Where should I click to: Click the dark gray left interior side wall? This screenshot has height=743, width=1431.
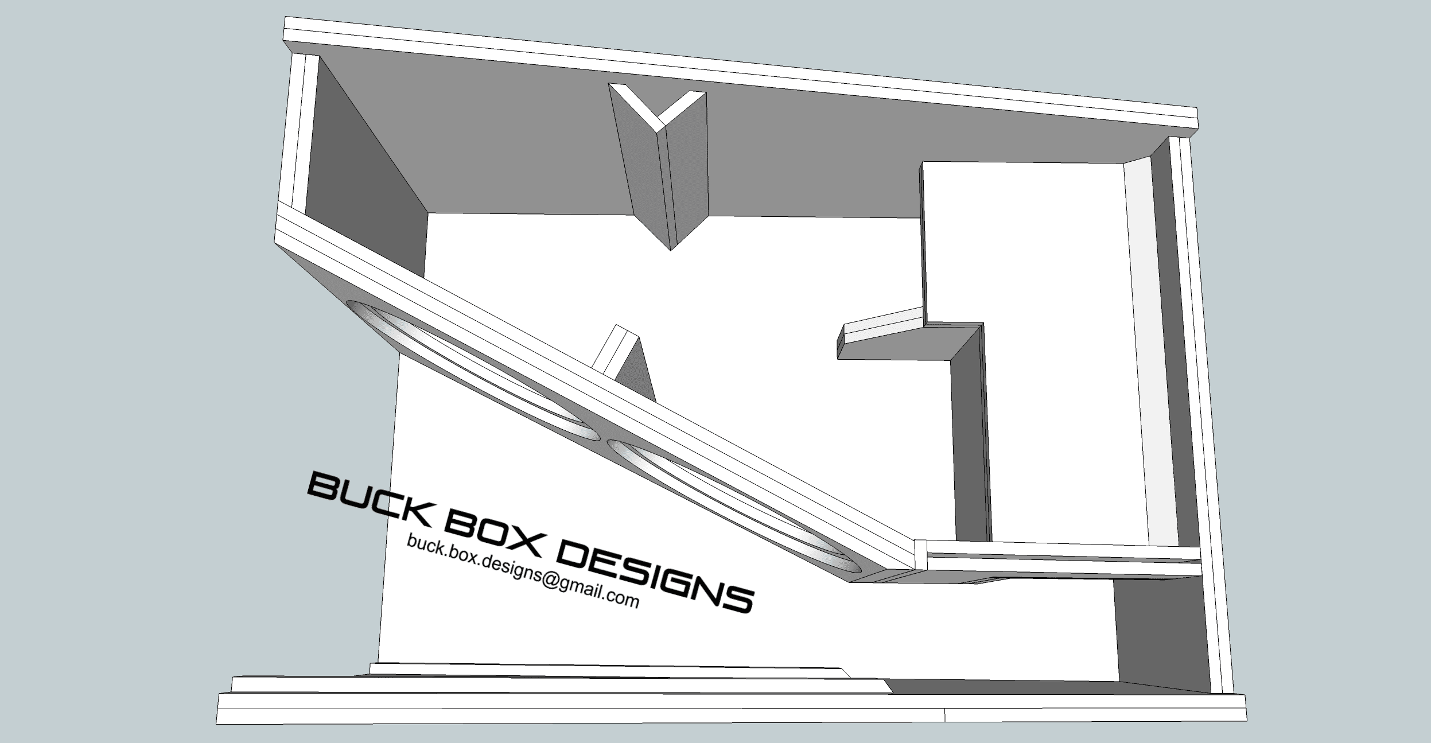tap(367, 166)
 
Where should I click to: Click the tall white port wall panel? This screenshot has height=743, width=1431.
tap(1021, 241)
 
